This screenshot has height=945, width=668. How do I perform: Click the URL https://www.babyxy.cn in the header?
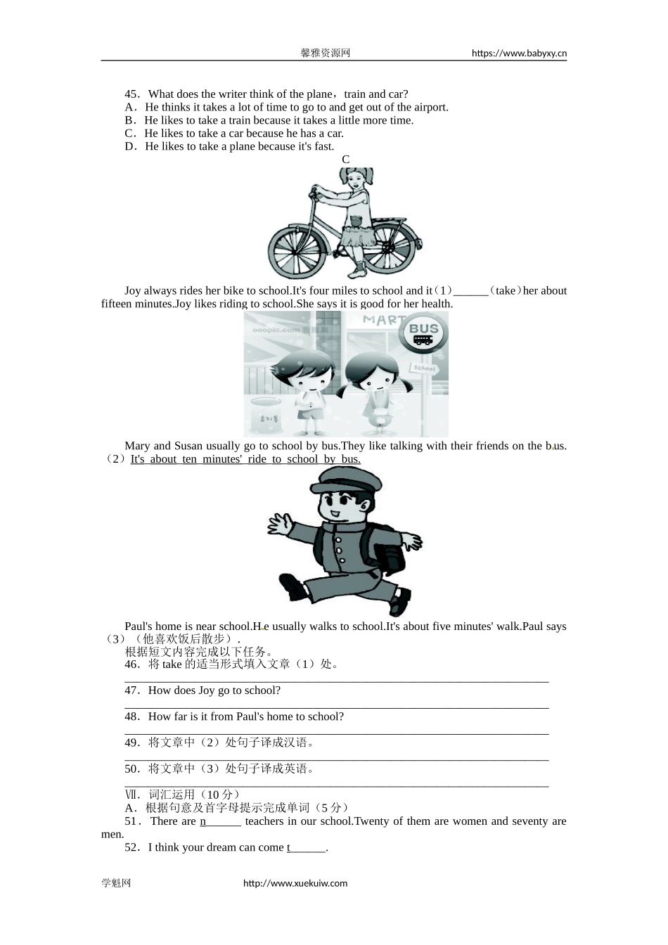click(519, 53)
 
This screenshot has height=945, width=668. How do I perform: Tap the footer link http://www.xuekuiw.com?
click(295, 883)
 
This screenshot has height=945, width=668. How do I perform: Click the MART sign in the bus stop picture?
click(384, 321)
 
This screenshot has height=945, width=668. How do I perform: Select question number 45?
click(132, 94)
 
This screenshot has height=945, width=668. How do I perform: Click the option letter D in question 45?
click(129, 146)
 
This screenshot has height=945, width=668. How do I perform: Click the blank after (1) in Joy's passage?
click(470, 291)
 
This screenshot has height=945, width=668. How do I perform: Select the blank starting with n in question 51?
click(221, 821)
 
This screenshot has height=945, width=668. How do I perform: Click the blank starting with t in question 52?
click(307, 847)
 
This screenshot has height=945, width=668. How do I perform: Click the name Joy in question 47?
click(206, 690)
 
